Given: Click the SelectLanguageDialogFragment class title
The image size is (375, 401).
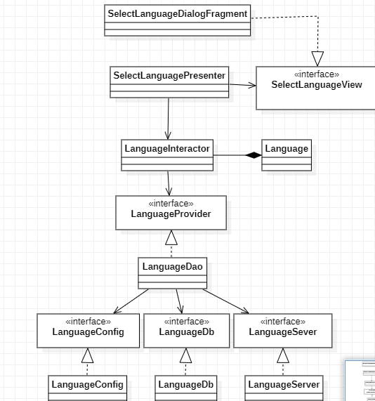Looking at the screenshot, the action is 178,14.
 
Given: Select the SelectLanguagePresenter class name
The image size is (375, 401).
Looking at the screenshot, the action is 169,76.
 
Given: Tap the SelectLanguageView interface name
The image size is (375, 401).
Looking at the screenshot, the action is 317,85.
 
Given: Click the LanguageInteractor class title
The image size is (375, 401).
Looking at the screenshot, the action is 167,149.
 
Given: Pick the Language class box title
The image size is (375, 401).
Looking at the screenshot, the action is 287,149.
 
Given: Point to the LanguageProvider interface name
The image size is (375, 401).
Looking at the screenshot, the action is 171,213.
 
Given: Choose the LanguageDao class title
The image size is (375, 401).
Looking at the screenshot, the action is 173,266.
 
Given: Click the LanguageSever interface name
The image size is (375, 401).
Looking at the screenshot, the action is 283,332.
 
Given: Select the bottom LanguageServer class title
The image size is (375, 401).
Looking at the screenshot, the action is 284,385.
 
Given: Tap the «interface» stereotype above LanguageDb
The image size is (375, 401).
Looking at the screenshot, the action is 187,321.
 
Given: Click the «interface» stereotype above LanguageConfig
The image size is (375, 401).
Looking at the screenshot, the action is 88,321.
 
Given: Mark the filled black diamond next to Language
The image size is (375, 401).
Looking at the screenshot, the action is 254,155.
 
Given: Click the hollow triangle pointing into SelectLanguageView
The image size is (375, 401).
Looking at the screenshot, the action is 317,58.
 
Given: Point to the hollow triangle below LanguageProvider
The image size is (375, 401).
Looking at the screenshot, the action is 171,237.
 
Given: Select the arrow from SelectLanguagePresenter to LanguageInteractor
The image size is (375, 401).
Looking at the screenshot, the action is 169,119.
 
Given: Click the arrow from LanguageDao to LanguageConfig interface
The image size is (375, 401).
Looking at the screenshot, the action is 131,301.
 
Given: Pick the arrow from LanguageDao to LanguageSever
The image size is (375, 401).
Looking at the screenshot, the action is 225,301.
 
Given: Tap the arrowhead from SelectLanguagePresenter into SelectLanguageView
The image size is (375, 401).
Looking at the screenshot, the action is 252,86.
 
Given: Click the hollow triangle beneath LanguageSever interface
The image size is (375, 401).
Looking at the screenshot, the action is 283,355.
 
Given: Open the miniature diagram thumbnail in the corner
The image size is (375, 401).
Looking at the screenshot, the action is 360,381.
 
